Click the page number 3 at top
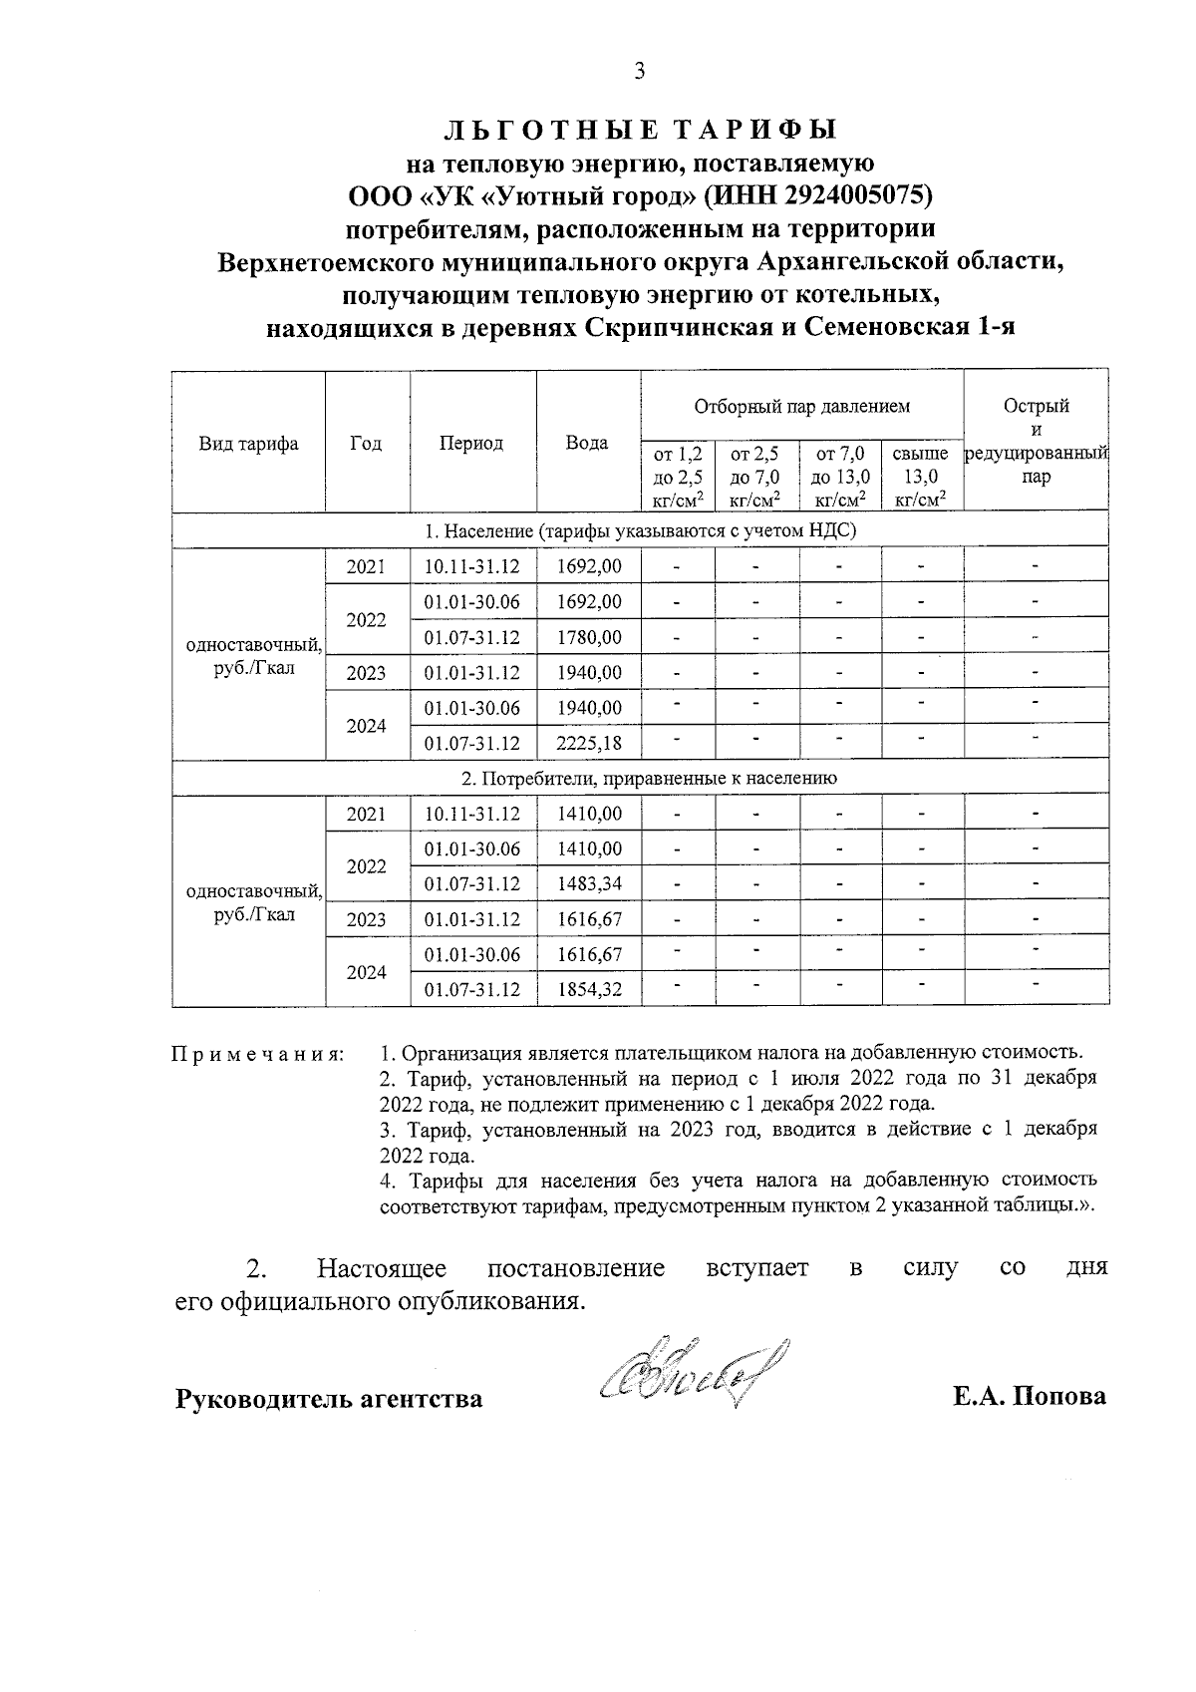(x=639, y=71)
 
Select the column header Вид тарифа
(x=248, y=444)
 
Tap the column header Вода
(x=587, y=444)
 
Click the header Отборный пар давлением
(x=801, y=407)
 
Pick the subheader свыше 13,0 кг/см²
(x=921, y=478)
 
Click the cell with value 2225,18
(x=588, y=743)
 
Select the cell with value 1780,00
(x=588, y=636)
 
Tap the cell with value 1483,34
(x=588, y=884)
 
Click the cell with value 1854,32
(x=588, y=990)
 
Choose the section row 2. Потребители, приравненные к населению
(x=639, y=778)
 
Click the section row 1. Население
(x=639, y=530)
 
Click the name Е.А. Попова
(x=1029, y=1397)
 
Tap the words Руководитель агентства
(x=329, y=1399)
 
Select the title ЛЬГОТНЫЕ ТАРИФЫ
(x=639, y=130)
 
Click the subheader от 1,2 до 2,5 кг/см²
(x=677, y=478)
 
